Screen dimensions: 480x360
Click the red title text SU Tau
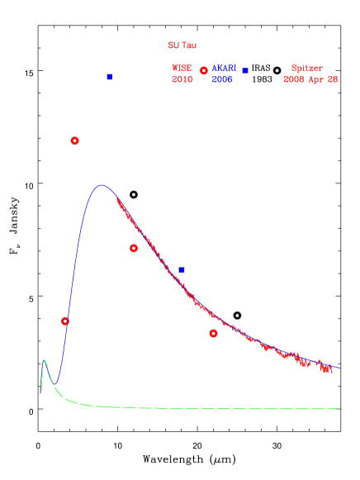pyautogui.click(x=182, y=45)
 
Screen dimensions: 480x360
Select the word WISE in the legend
pyautogui.click(x=182, y=69)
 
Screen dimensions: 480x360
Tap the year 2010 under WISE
pyautogui.click(x=182, y=79)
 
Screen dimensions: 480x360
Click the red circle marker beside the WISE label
pyautogui.click(x=203, y=71)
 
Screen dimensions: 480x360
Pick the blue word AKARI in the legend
pyautogui.click(x=223, y=69)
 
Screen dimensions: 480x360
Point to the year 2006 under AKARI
pyautogui.click(x=221, y=79)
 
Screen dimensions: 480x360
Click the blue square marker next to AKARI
pyautogui.click(x=245, y=71)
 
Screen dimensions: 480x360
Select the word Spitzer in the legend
pyautogui.click(x=307, y=69)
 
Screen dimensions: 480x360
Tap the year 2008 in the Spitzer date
pyautogui.click(x=295, y=79)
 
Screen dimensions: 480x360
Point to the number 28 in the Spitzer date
pyautogui.click(x=333, y=79)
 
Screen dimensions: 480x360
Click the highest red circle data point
pyautogui.click(x=74, y=141)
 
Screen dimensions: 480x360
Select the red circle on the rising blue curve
pyautogui.click(x=65, y=321)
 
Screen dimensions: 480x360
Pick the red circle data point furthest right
pyautogui.click(x=213, y=334)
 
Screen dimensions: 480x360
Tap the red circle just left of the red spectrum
pyautogui.click(x=134, y=248)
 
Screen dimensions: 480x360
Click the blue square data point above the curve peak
pyautogui.click(x=109, y=77)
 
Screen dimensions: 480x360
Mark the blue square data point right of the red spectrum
pyautogui.click(x=181, y=270)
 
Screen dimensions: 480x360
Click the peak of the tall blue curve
pyautogui.click(x=102, y=185)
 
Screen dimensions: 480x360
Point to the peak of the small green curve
pyautogui.click(x=45, y=360)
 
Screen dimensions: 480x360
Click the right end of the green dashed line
pyautogui.click(x=339, y=408)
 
